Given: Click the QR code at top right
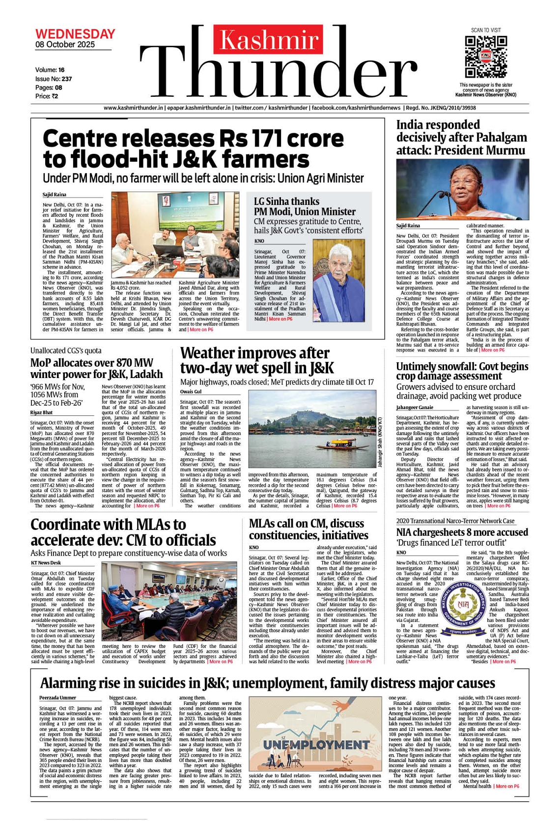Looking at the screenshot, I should tap(486, 56).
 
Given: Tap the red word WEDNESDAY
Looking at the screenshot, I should tap(75, 34).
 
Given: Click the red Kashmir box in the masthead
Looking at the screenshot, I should tap(269, 40).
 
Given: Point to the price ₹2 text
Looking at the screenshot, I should tap(47, 96).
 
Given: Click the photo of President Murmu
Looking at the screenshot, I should tap(462, 189).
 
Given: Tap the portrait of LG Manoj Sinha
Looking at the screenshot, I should tap(338, 280).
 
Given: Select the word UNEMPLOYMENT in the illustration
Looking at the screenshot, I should tap(316, 744).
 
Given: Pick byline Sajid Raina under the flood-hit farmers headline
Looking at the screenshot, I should tap(54, 195).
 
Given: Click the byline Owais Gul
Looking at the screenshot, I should tap(191, 392).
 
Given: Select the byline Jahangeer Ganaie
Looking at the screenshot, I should tap(415, 408).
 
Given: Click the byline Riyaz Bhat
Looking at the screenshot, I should tap(41, 412).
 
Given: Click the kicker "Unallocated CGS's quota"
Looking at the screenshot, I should tap(66, 351).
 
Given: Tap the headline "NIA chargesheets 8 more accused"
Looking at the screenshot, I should tap(462, 532).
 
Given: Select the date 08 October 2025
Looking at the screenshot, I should tap(65, 45).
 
